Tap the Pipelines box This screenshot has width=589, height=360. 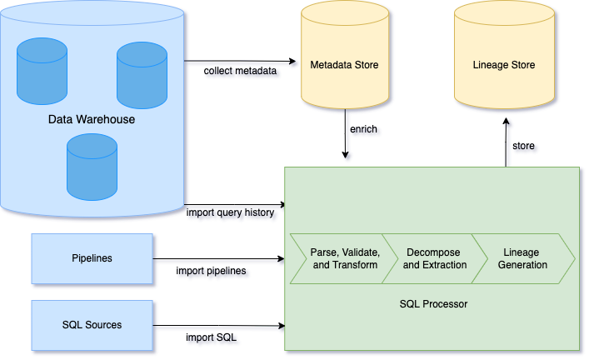92,257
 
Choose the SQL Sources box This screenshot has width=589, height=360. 92,325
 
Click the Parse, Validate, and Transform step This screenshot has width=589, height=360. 344,258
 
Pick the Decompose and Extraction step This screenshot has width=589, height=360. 434,258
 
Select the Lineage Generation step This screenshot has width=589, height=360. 522,258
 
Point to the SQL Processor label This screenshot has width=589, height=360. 433,304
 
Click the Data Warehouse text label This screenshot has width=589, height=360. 92,120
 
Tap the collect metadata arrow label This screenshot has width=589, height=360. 240,71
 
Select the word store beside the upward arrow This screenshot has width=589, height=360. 523,146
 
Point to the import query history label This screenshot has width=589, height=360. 230,212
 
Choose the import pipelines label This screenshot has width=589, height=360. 211,271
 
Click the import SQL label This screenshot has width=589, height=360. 212,337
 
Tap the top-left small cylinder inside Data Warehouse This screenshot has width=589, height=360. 42,71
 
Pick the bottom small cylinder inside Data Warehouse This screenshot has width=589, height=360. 92,167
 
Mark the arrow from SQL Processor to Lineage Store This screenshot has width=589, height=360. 504,142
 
